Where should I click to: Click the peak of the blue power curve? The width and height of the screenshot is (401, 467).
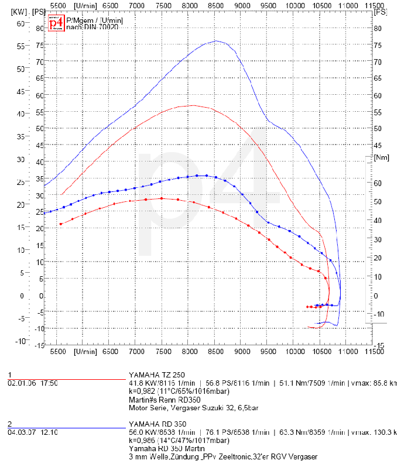click(216, 41)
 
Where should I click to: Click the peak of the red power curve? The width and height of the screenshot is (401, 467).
click(193, 105)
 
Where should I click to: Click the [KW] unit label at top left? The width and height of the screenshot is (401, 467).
click(19, 11)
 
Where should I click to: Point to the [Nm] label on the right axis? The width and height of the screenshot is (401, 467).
click(381, 157)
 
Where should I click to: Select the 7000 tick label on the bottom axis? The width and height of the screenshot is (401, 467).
click(136, 351)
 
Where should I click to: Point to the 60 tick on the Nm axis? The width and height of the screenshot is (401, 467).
click(378, 183)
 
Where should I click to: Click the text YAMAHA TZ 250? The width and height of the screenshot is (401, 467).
click(157, 375)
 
